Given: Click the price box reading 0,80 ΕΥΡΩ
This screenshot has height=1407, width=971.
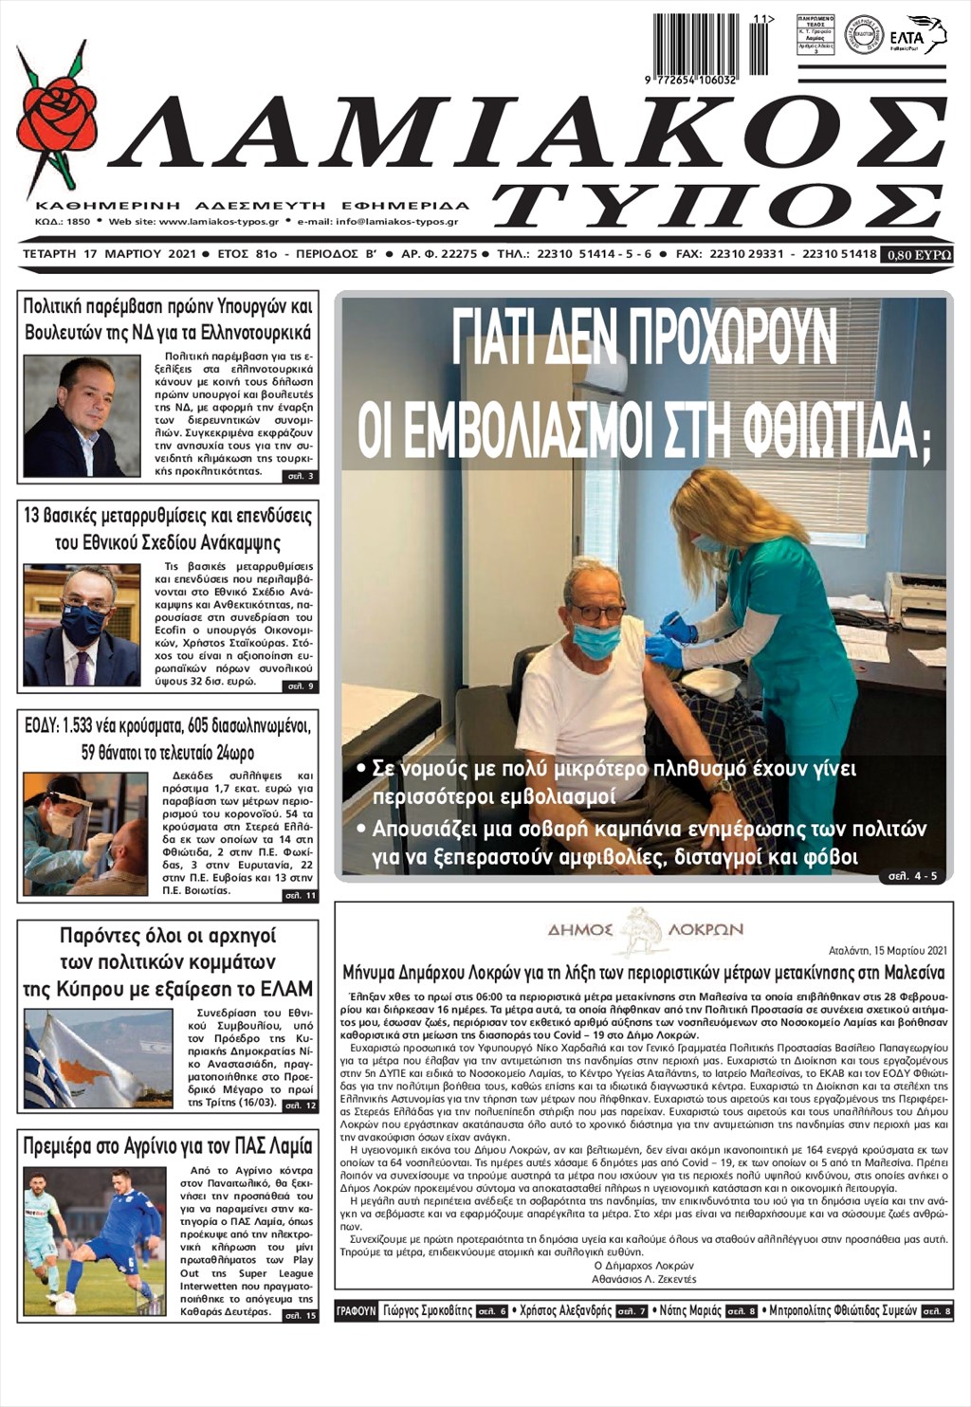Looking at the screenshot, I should point(916,255).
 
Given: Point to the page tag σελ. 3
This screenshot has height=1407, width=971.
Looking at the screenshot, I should point(302,476).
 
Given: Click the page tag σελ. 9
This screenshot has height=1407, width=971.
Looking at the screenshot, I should point(302,685).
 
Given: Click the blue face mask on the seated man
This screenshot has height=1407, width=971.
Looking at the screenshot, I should point(597,640).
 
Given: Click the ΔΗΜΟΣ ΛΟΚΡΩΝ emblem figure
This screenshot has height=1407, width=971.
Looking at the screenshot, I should point(644,928).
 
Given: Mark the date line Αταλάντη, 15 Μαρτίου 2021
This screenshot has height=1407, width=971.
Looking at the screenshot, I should point(887,950).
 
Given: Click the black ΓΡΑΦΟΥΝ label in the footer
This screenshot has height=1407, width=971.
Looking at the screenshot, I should point(357,1311).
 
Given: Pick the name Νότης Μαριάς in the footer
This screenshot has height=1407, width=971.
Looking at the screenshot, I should point(690,1311).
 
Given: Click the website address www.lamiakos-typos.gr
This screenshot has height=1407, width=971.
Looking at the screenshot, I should point(219,222).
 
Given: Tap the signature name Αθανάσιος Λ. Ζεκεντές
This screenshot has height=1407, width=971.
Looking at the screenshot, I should point(643,1279).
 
